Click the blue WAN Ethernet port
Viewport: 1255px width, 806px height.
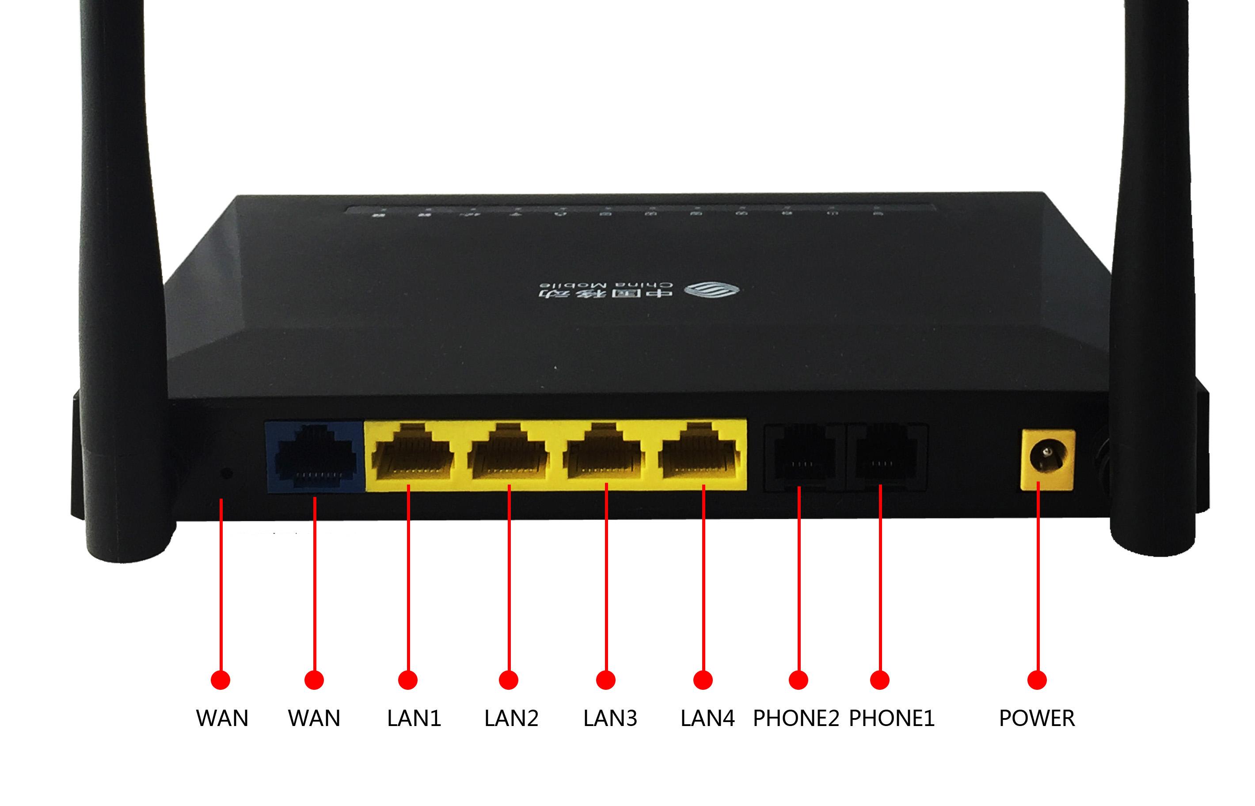pyautogui.click(x=315, y=456)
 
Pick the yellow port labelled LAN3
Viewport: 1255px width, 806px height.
pyautogui.click(x=604, y=454)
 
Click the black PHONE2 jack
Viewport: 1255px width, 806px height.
pyautogui.click(x=803, y=457)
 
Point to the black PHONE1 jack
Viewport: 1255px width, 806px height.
pyautogui.click(x=886, y=457)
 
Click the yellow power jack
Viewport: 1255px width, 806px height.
pyautogui.click(x=1047, y=459)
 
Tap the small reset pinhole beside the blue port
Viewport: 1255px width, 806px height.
pyautogui.click(x=227, y=474)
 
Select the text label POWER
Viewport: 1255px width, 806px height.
pyautogui.click(x=1037, y=718)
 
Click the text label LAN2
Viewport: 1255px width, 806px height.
pyautogui.click(x=511, y=718)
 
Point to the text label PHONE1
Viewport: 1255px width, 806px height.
pyautogui.click(x=891, y=718)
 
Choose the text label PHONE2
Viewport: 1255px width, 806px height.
pyautogui.click(x=795, y=718)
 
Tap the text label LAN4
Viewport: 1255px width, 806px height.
pyautogui.click(x=707, y=718)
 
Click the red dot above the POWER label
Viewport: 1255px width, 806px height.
pyautogui.click(x=1037, y=680)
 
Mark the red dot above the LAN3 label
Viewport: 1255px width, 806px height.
pyautogui.click(x=605, y=680)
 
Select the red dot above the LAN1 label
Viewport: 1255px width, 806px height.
pyautogui.click(x=408, y=680)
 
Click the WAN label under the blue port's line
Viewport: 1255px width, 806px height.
pyautogui.click(x=314, y=718)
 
